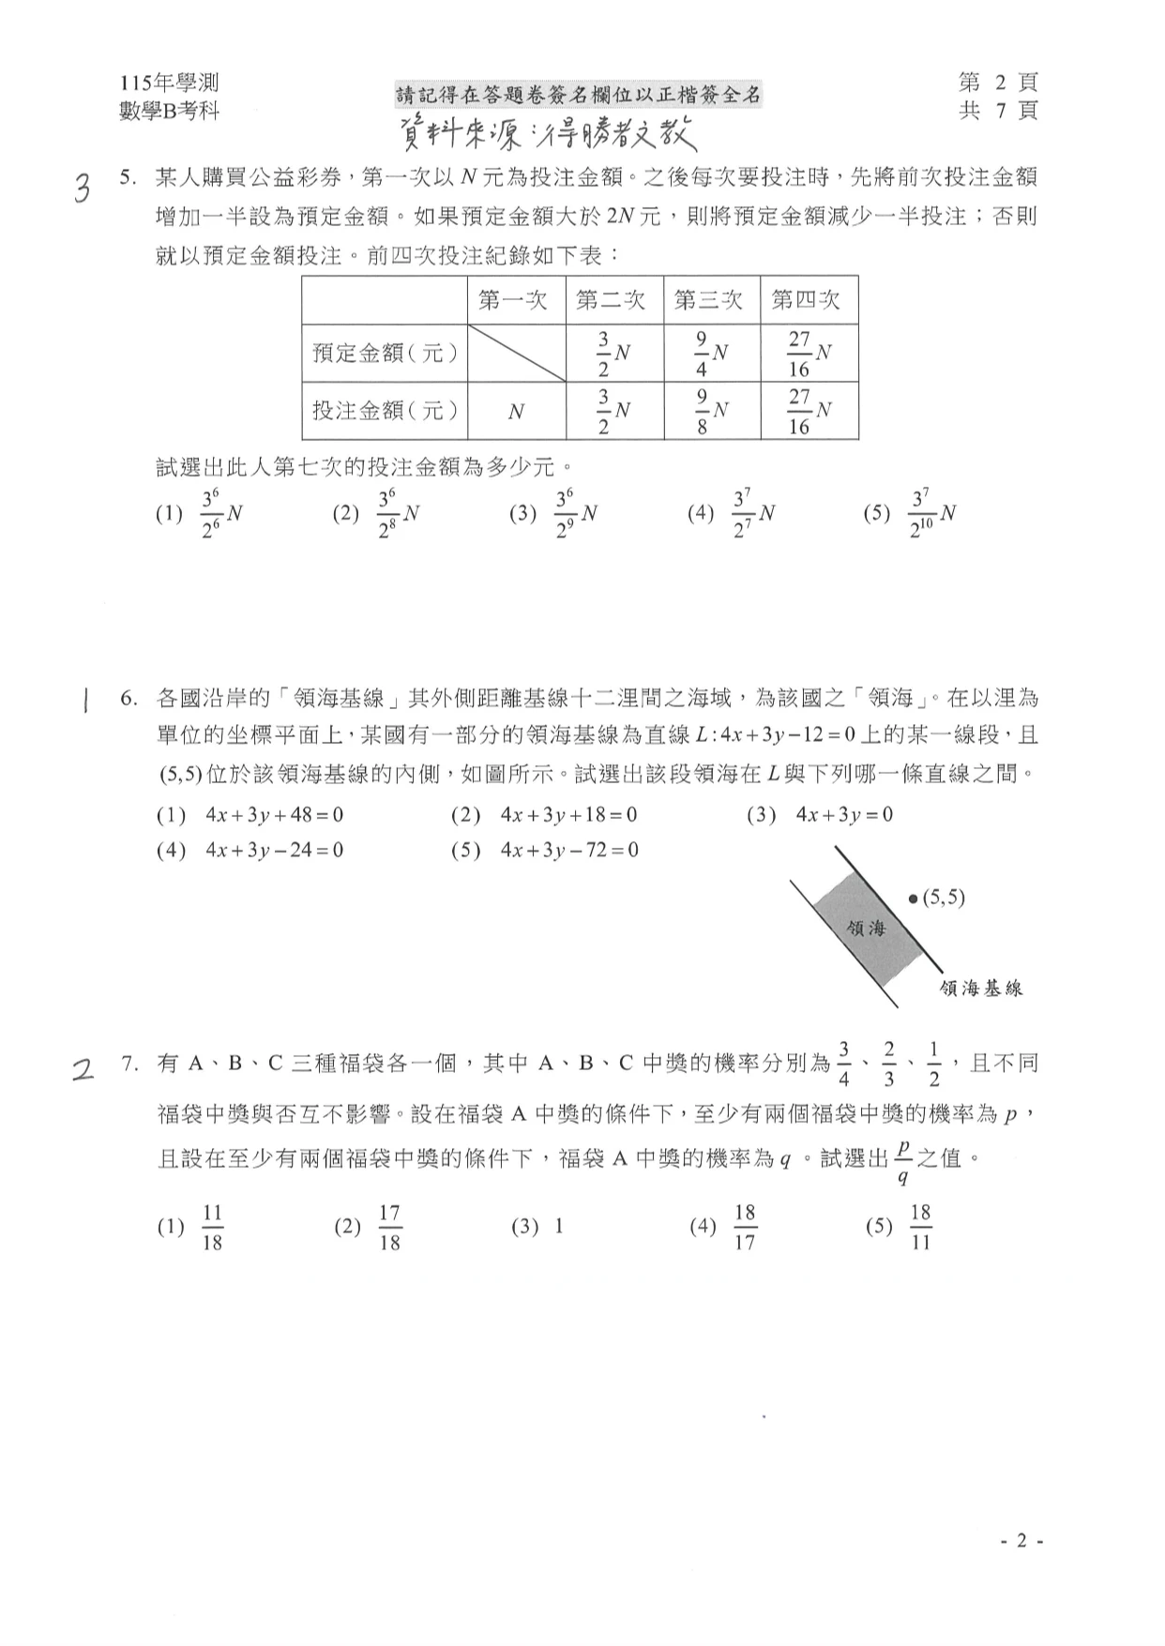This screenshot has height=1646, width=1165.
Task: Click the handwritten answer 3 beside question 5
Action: pos(83,189)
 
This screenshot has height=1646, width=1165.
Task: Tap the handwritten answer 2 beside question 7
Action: pos(84,1069)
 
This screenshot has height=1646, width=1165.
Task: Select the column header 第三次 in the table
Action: pos(708,300)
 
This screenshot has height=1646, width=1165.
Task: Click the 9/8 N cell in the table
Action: pos(712,412)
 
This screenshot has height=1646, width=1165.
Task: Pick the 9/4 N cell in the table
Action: pos(712,354)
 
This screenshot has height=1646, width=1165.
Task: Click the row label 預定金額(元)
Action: pos(386,354)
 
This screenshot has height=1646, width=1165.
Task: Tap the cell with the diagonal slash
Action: pos(516,354)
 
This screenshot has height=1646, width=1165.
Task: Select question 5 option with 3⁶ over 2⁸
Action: pos(398,514)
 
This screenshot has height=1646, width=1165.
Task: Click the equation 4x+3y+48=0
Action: pos(274,815)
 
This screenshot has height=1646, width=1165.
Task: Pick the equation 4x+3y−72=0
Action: pos(569,851)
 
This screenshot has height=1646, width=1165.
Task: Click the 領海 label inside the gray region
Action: pos(866,928)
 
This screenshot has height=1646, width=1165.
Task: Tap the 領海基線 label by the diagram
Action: pos(980,988)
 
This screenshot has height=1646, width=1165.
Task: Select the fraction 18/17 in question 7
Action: pos(744,1227)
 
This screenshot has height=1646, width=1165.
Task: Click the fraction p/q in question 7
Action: pos(902,1160)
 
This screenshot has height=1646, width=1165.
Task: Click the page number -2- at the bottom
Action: pos(1021,1541)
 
